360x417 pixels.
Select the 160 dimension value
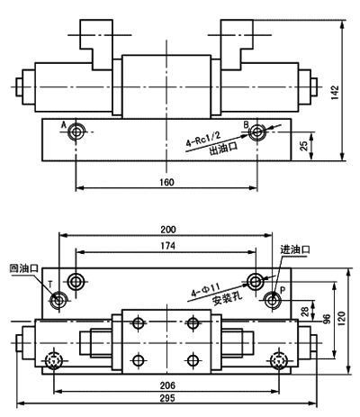[x=166, y=182]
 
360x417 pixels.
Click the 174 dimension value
[x=167, y=246]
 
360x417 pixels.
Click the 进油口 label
[x=296, y=249]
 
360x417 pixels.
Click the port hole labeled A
[x=76, y=133]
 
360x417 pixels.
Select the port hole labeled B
[x=258, y=133]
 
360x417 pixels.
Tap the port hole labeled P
[x=273, y=300]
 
